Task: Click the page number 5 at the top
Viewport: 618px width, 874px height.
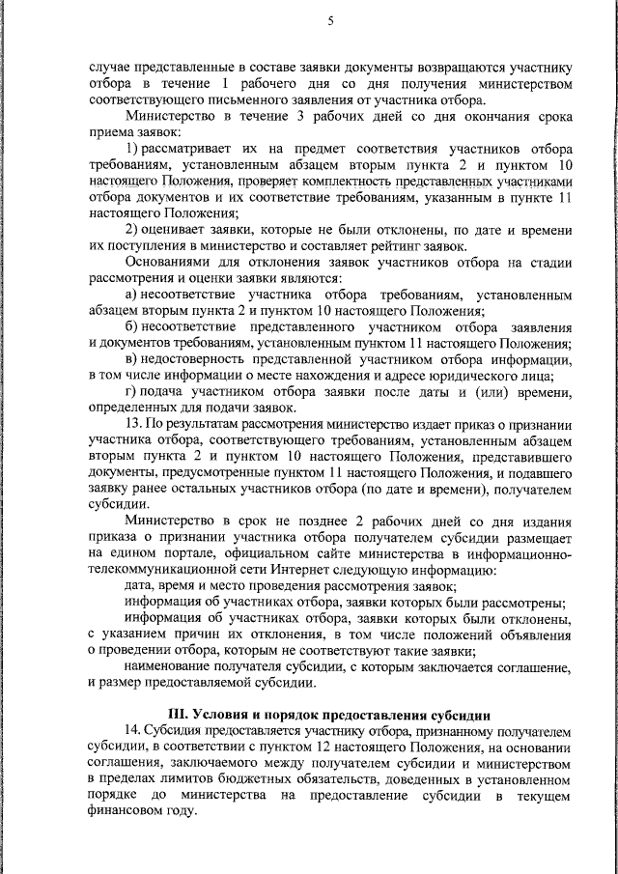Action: tap(330, 21)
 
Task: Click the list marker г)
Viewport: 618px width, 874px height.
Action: tap(133, 391)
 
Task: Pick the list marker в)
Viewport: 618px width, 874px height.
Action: tap(133, 359)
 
